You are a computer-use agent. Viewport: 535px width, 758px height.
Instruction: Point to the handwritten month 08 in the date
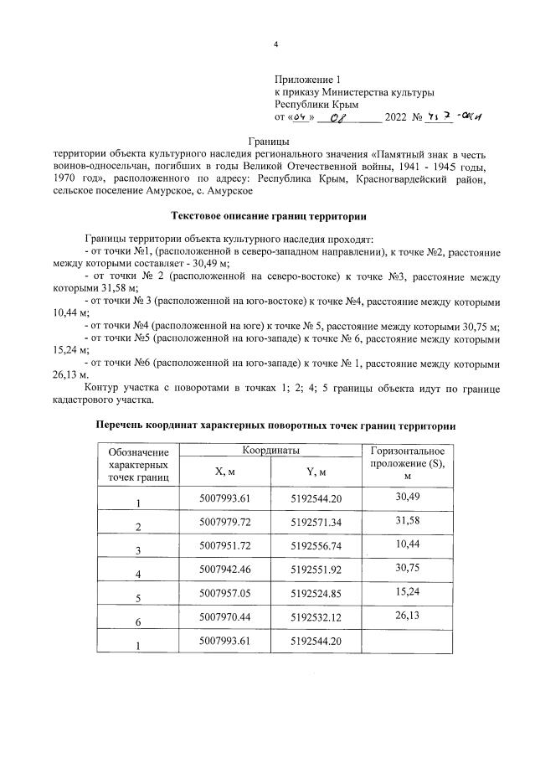pos(342,118)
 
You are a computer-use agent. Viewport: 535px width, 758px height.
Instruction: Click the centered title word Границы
pos(268,141)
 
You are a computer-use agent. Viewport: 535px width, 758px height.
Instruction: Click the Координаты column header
pos(270,450)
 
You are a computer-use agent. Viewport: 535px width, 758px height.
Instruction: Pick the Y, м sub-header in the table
pos(315,471)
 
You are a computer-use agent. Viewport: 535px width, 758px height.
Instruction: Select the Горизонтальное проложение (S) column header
pos(408,463)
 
